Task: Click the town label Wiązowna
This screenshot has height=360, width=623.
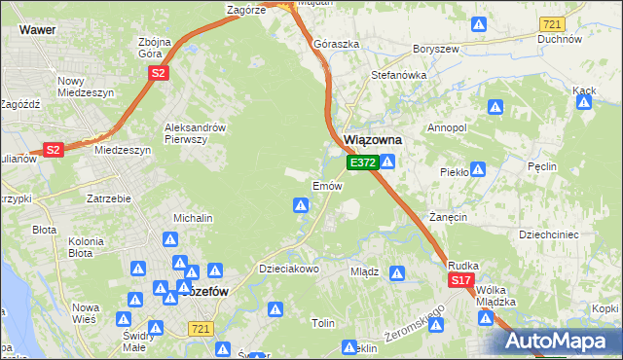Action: (x=374, y=140)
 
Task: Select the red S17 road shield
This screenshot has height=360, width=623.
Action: (x=461, y=280)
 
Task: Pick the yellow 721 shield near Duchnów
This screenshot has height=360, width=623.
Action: (x=552, y=22)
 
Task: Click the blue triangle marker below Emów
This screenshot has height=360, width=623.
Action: (x=302, y=205)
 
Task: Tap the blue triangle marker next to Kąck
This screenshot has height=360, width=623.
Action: (x=585, y=106)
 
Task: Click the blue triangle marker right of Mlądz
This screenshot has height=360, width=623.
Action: (x=396, y=272)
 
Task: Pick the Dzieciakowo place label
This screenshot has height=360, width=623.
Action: (x=288, y=269)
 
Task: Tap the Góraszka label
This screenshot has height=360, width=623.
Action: (x=336, y=44)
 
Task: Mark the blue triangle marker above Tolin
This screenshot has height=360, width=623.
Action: (x=276, y=309)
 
